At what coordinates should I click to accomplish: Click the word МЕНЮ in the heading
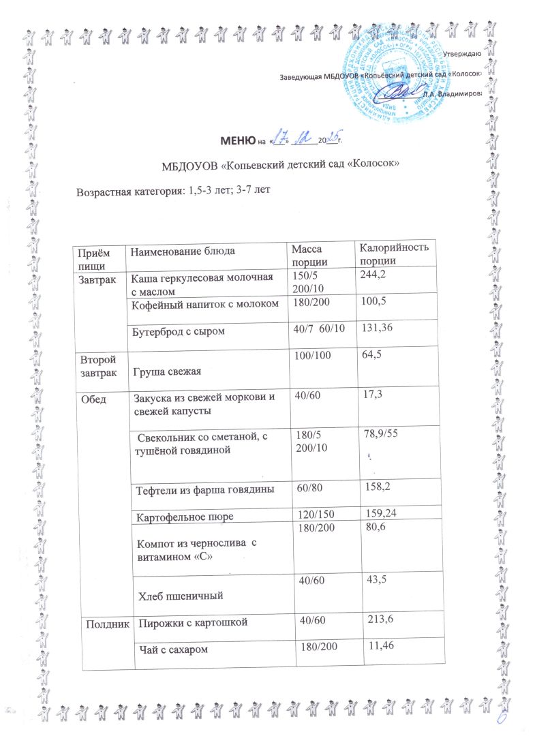tap(234, 141)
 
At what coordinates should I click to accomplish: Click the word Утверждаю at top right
tap(463, 53)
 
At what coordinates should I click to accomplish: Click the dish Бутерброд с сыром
tap(179, 332)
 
